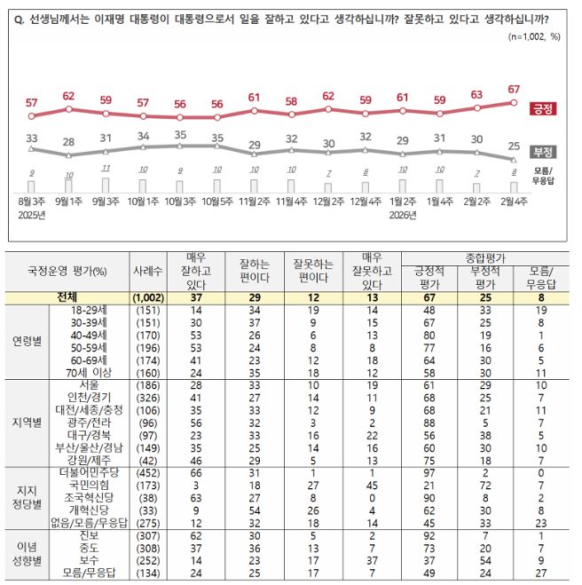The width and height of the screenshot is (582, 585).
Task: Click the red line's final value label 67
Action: [x=513, y=89]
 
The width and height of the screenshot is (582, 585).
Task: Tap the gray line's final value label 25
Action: [x=513, y=146]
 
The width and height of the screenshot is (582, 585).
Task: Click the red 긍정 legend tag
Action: [x=543, y=108]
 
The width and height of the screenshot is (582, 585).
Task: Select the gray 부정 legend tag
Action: [x=543, y=151]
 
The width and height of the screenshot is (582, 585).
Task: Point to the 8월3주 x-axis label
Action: [x=32, y=202]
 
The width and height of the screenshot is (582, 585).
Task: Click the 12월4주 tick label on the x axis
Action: [x=365, y=202]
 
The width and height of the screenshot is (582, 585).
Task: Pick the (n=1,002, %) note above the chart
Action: [x=535, y=36]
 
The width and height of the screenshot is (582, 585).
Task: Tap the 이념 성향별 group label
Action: [x=27, y=554]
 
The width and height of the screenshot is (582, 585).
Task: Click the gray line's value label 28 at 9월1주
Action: [x=68, y=142]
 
